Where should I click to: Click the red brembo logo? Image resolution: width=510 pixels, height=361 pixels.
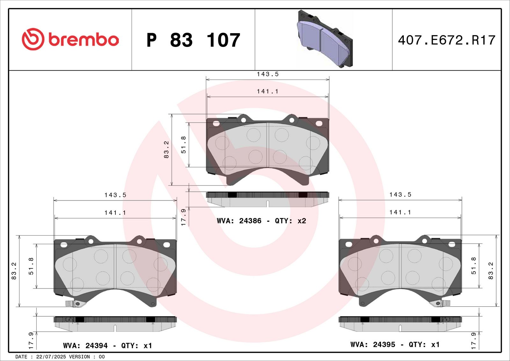pos(70,39)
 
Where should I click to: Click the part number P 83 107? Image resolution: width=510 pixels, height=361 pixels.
pos(193,40)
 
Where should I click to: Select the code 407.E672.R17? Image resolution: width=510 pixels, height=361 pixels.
pos(447,40)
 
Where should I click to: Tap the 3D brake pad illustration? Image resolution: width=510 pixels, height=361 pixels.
pos(325,39)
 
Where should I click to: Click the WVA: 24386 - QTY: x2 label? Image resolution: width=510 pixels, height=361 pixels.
pos(261,221)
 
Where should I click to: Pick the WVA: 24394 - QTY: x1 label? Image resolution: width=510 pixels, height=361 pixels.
pos(107,345)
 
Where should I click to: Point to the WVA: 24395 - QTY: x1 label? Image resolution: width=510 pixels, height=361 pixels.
pos(395,344)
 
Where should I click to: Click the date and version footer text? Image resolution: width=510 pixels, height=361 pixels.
pos(60,357)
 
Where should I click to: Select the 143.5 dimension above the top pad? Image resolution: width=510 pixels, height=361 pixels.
pos(268,74)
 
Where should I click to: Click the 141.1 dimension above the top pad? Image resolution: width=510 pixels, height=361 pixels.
pos(268,92)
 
